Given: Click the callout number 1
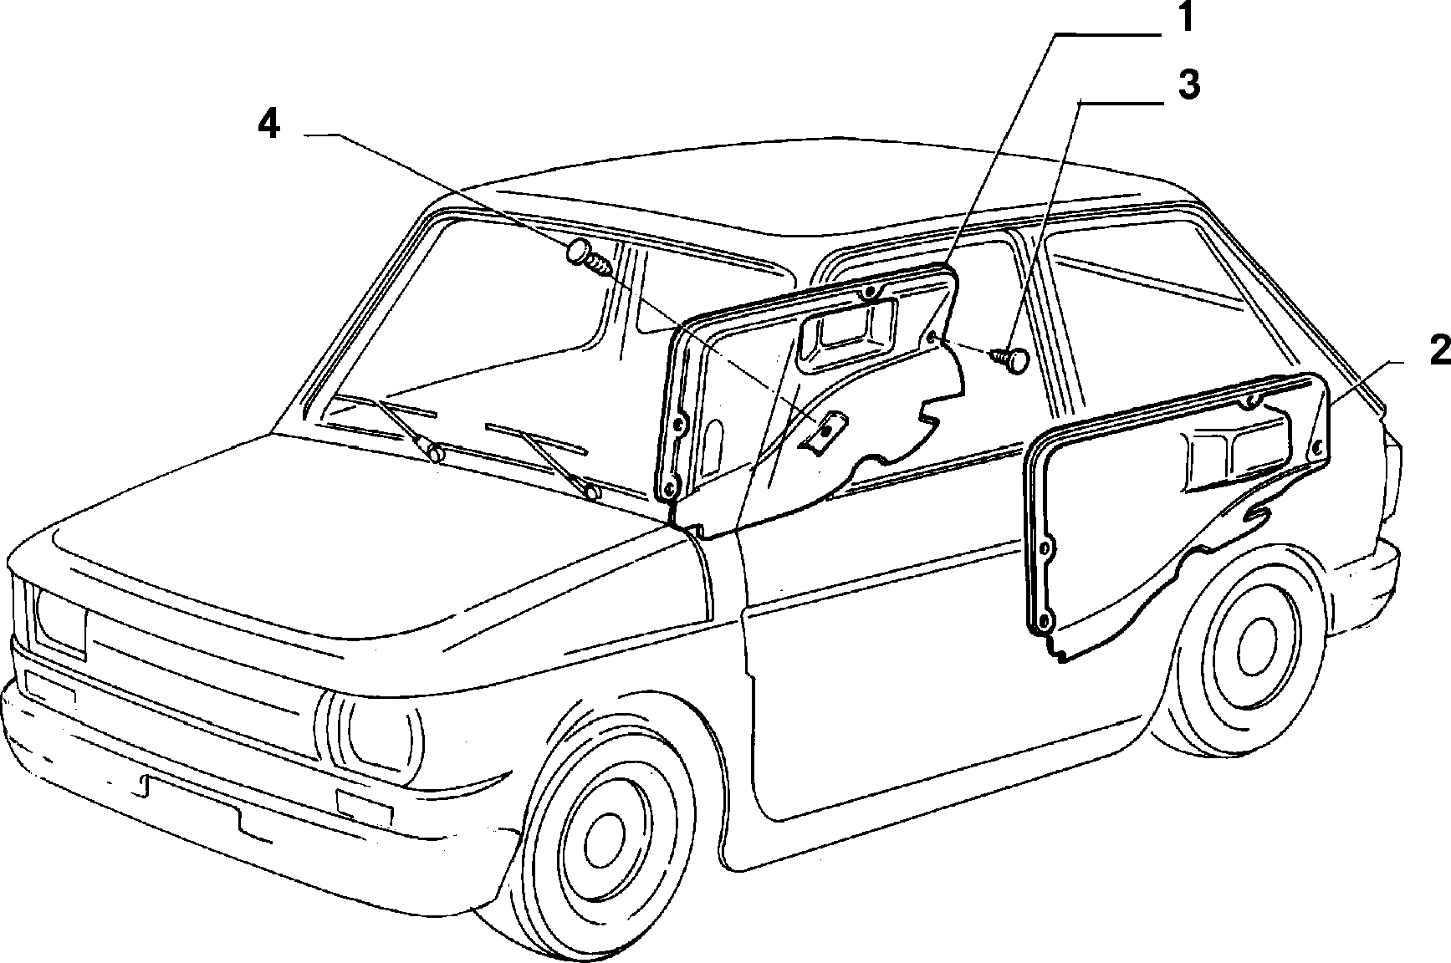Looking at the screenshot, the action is [x=1187, y=18].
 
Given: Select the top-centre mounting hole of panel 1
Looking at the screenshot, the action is [x=870, y=292].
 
